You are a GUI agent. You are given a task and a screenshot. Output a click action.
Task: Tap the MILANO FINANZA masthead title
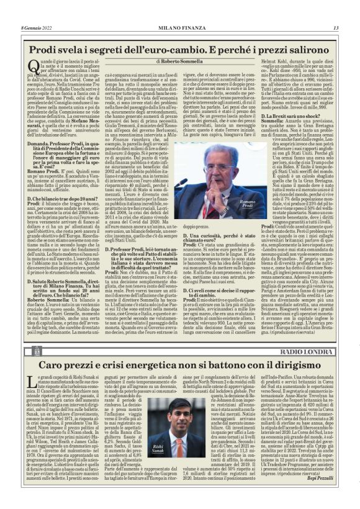coord(180,27)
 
